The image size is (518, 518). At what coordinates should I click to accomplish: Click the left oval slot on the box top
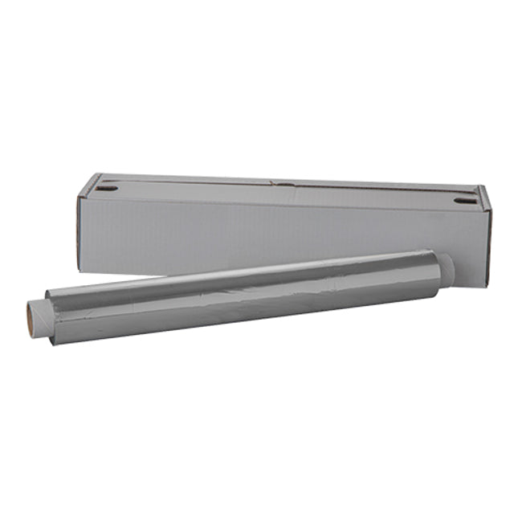pos(108,189)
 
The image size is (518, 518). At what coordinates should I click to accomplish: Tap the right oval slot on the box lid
pos(464,200)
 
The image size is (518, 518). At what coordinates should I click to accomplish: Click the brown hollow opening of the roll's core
pos(31,310)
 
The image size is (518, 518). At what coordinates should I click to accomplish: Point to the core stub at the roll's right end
pos(447,270)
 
